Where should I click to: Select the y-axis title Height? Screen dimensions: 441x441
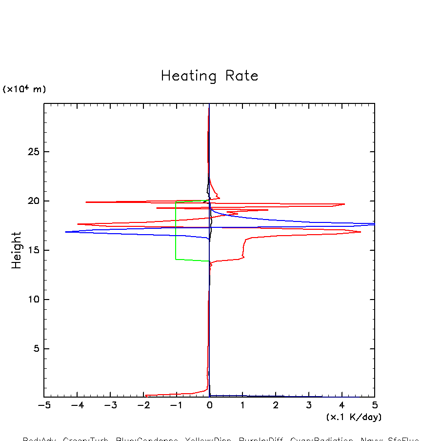[17, 250]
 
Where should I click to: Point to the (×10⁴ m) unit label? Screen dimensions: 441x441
[24, 89]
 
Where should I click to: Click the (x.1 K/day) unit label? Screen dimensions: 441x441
[354, 417]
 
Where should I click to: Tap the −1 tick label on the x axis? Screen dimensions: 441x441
[176, 406]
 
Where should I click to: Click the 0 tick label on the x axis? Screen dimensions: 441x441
[209, 406]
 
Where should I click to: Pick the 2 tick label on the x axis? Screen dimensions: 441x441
[276, 406]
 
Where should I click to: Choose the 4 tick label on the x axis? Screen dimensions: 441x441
[341, 406]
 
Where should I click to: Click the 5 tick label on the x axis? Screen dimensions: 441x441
[375, 406]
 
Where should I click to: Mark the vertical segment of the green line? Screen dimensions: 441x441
[176, 229]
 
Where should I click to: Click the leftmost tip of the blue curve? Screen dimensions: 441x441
[65, 232]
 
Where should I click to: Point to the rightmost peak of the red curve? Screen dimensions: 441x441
[361, 232]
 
